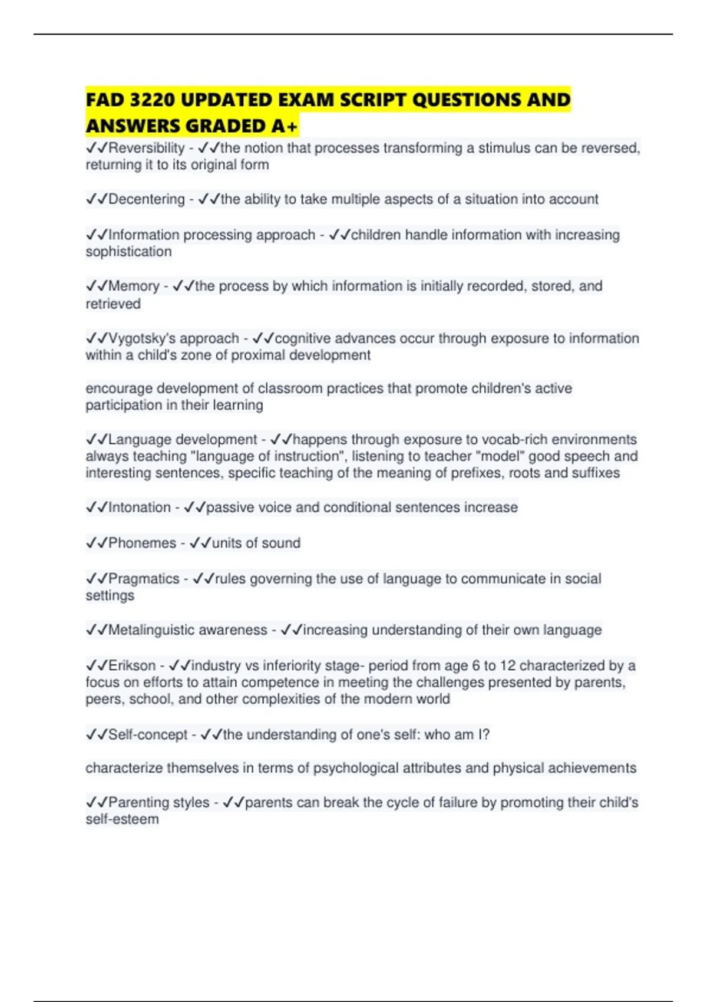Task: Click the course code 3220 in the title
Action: pyautogui.click(x=153, y=100)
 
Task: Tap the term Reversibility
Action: pyautogui.click(x=147, y=148)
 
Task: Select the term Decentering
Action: pyautogui.click(x=147, y=199)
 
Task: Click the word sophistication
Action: pyautogui.click(x=128, y=252)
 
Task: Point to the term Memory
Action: pyautogui.click(x=134, y=286)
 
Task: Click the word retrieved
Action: pyautogui.click(x=113, y=304)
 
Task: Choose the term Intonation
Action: pyautogui.click(x=140, y=507)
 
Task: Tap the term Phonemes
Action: pyautogui.click(x=142, y=543)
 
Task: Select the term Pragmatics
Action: pyautogui.click(x=144, y=579)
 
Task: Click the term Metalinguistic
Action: pyautogui.click(x=157, y=630)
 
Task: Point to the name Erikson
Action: pyautogui.click(x=132, y=665)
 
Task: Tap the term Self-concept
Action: pyautogui.click(x=148, y=734)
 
